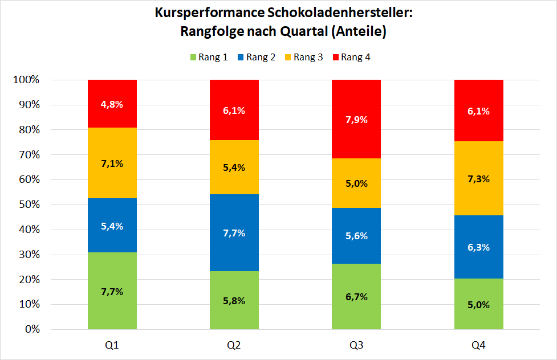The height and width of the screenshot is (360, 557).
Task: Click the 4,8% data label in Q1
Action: tap(112, 104)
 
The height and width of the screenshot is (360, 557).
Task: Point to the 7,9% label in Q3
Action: tap(356, 120)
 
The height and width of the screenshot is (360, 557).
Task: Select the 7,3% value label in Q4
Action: tap(478, 178)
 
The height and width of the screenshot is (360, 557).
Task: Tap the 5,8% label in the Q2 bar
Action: tap(234, 301)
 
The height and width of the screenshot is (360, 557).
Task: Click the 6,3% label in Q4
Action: tap(478, 247)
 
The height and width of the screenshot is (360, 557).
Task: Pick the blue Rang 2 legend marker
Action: tap(240, 57)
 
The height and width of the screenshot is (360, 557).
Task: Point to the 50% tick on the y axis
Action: tap(27, 204)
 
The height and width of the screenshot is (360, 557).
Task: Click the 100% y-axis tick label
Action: tap(25, 80)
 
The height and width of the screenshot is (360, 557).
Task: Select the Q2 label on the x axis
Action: tap(234, 345)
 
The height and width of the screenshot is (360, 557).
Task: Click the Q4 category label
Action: tap(478, 345)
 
